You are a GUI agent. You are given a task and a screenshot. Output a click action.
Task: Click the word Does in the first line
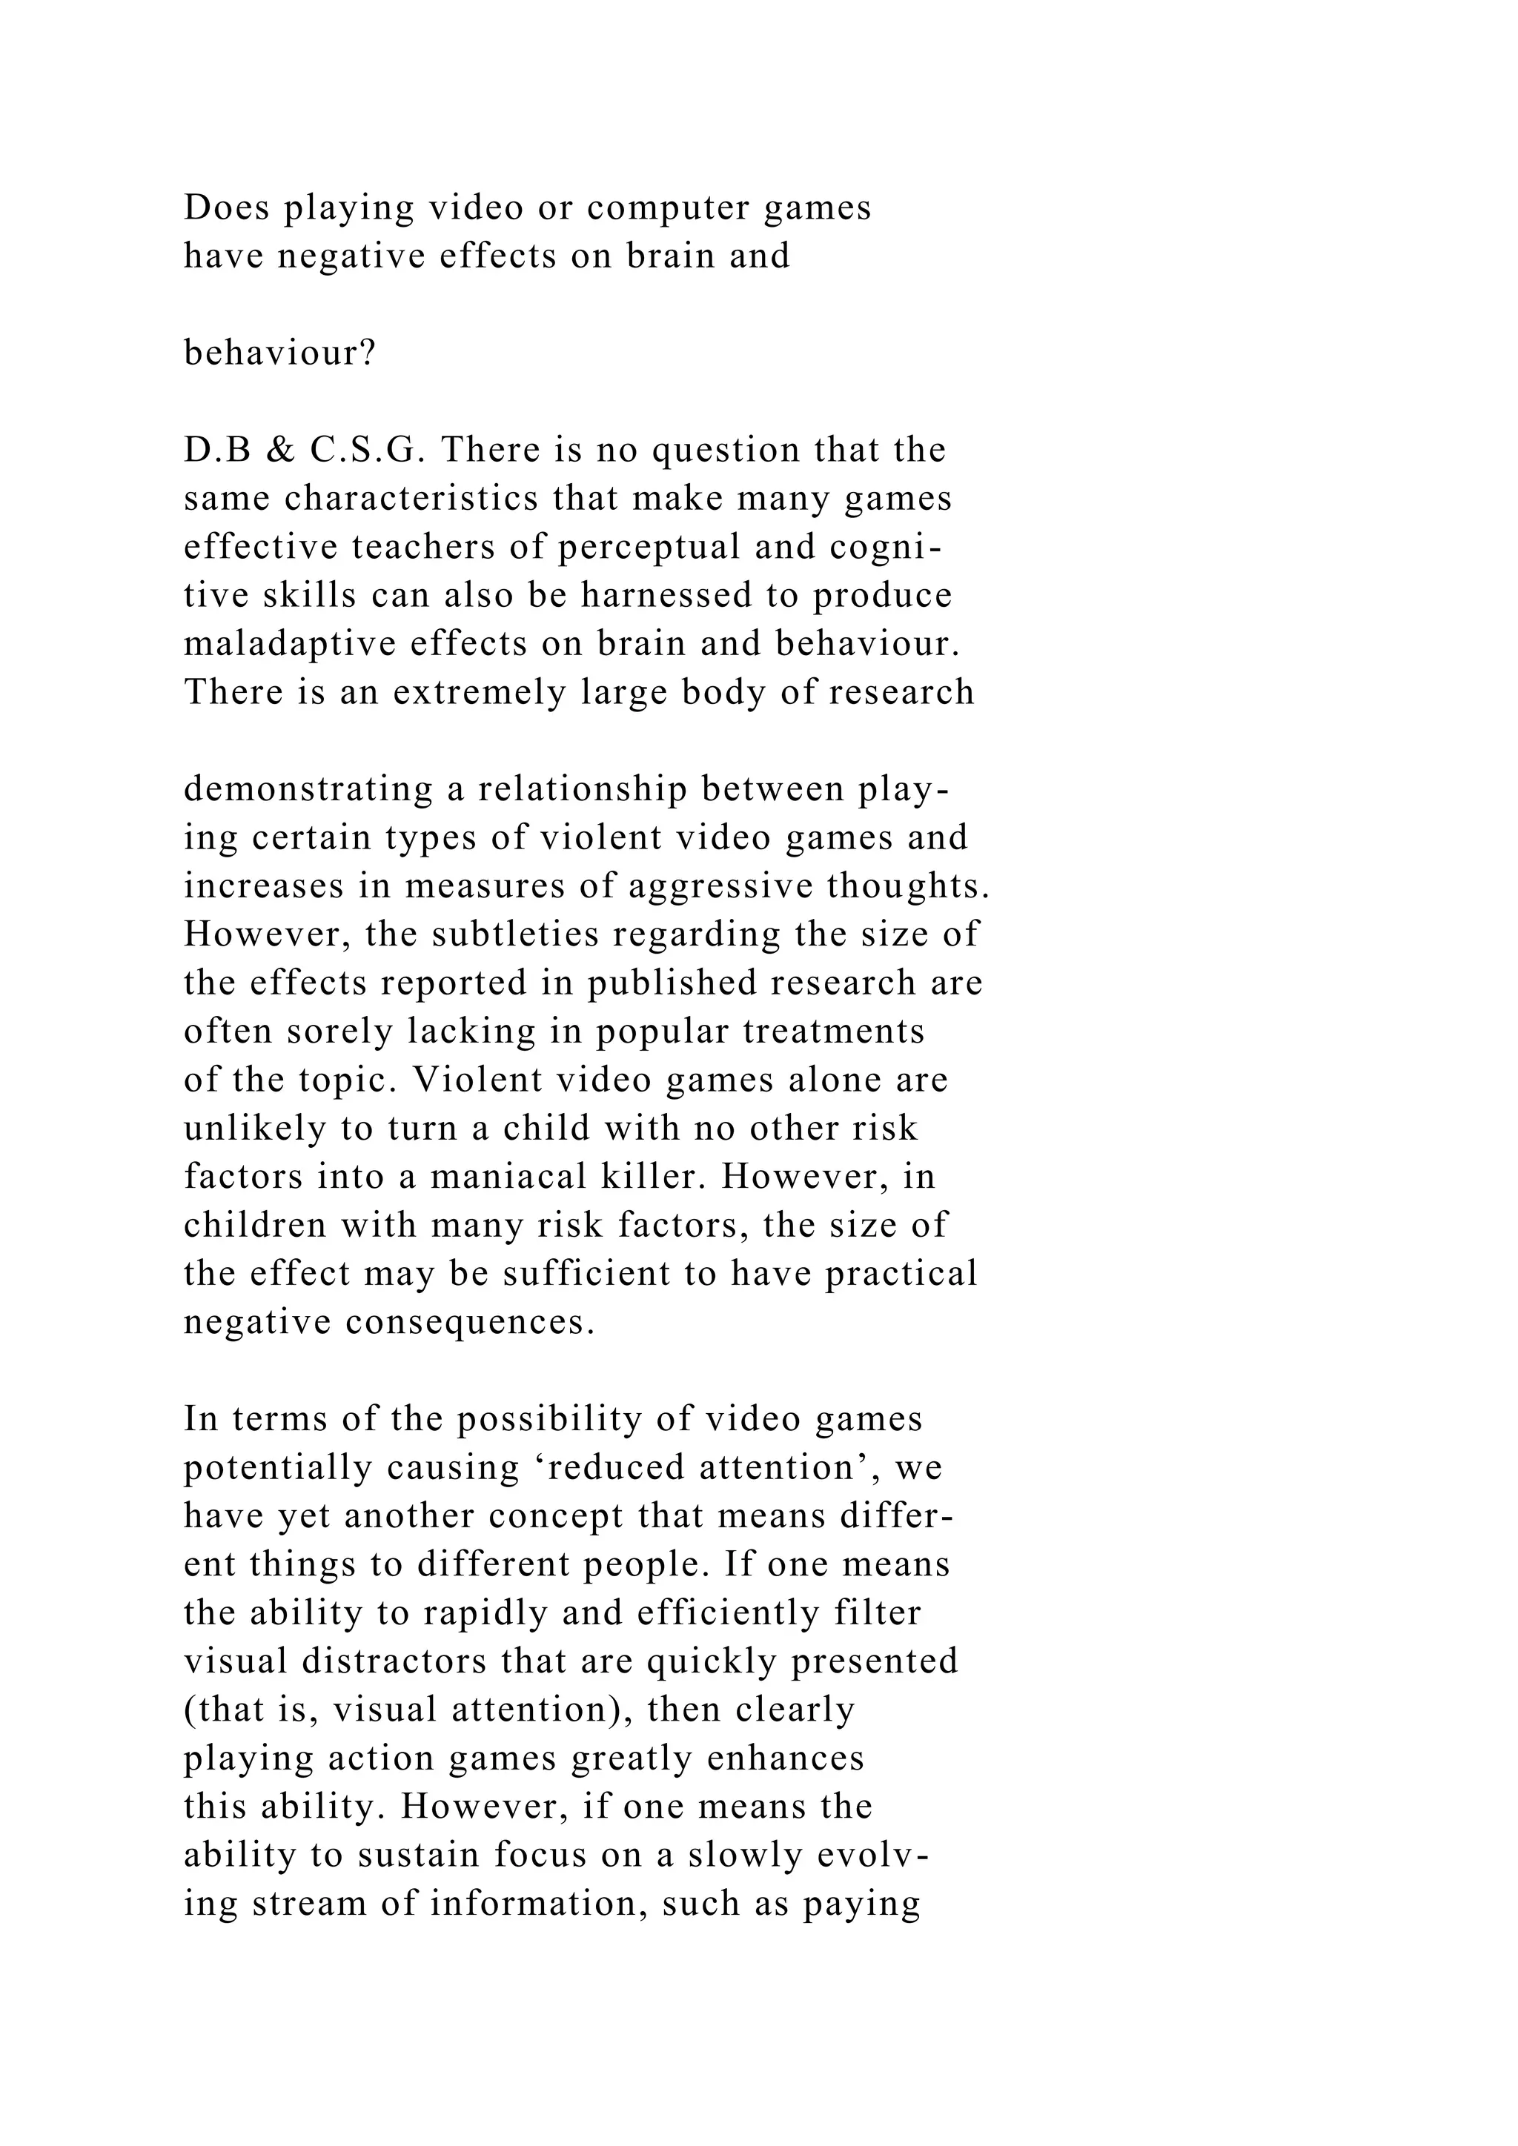[x=227, y=207]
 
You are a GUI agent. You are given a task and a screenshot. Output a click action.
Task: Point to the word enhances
[x=785, y=1758]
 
